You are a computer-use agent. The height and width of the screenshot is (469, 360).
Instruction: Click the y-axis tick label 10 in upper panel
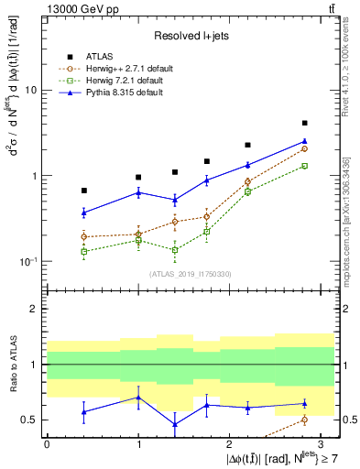(32, 91)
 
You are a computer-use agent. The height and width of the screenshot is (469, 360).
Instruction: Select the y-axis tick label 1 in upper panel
(35, 176)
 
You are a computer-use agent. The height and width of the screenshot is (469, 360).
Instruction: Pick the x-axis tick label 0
(47, 442)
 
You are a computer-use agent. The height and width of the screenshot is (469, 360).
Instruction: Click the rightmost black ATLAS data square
(304, 123)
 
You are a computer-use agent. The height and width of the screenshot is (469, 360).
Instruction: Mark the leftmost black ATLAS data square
(84, 191)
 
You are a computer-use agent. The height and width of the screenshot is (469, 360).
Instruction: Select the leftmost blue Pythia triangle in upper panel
(84, 213)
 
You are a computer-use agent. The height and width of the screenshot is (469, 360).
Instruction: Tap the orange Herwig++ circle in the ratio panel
(304, 420)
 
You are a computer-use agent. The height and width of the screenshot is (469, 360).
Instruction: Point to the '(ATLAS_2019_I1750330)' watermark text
(190, 274)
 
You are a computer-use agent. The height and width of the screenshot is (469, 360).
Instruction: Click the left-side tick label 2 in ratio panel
(35, 310)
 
